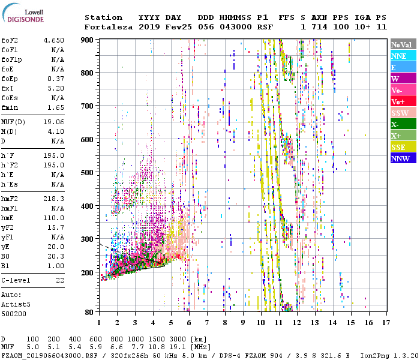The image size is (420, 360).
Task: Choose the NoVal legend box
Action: coord(403,44)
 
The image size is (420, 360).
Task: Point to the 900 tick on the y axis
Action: coord(88,40)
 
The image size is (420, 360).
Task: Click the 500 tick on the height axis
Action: coord(88,173)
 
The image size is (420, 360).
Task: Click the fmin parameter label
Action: coord(10,107)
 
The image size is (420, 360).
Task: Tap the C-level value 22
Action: coord(59,280)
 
